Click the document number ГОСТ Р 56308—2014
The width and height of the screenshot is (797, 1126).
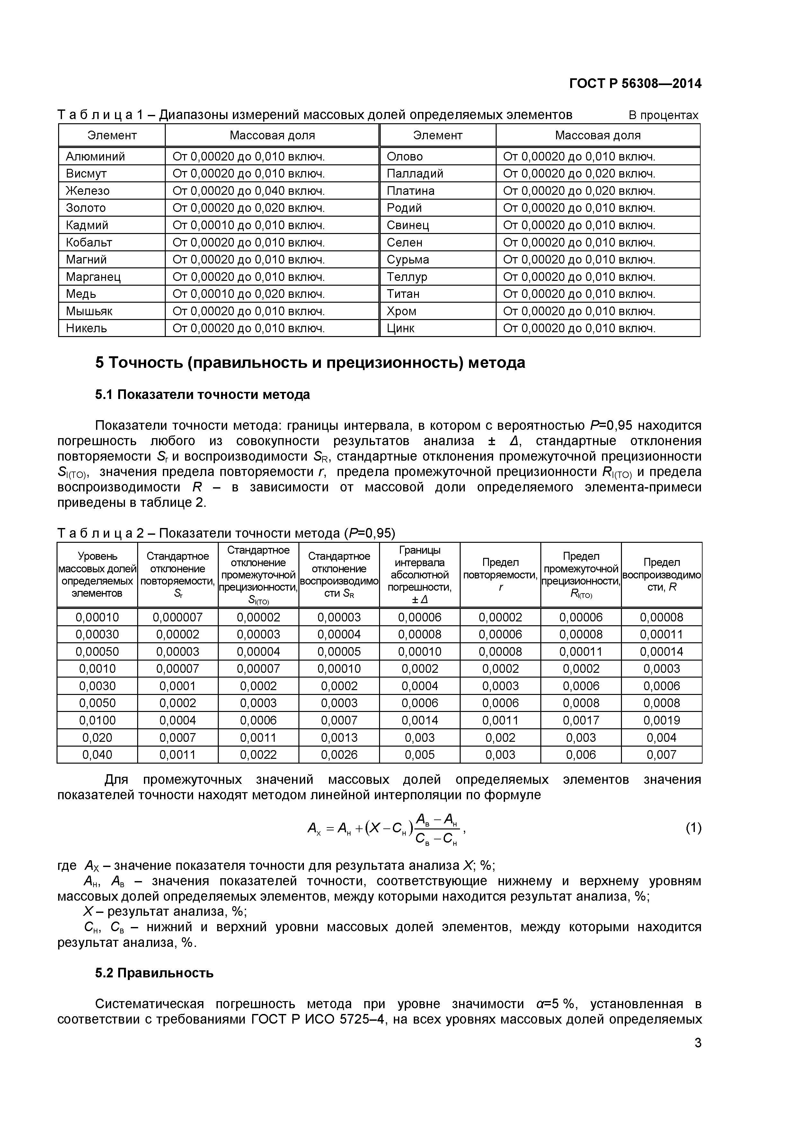pyautogui.click(x=635, y=84)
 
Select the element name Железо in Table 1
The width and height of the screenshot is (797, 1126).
pyautogui.click(x=87, y=191)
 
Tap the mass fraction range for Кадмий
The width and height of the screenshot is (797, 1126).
pyautogui.click(x=248, y=225)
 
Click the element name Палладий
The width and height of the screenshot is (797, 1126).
pyautogui.click(x=415, y=174)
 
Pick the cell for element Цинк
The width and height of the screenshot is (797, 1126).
pyautogui.click(x=401, y=328)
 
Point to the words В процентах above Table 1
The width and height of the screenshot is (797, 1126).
pyautogui.click(x=663, y=115)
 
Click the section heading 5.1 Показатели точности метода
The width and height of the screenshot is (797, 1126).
pyautogui.click(x=202, y=395)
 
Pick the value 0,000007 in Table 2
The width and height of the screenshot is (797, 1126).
pyautogui.click(x=178, y=618)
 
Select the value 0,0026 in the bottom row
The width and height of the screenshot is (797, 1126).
pyautogui.click(x=339, y=755)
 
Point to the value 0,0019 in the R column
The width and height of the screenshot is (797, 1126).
pyautogui.click(x=661, y=720)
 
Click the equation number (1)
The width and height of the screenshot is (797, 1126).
pyautogui.click(x=693, y=828)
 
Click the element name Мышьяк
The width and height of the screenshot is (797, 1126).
pyautogui.click(x=89, y=311)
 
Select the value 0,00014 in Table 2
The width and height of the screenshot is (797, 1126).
pyautogui.click(x=661, y=652)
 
